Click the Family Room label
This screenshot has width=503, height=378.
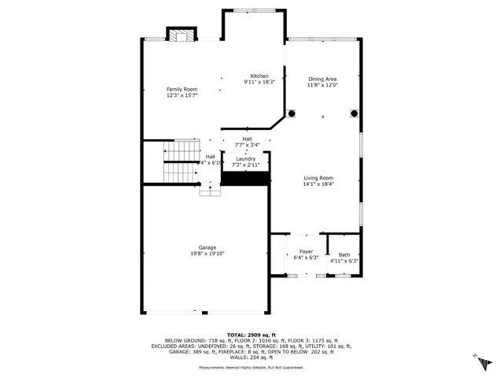click(x=181, y=90)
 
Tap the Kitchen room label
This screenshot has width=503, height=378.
click(x=259, y=76)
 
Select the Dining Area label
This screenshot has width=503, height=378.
click(x=322, y=79)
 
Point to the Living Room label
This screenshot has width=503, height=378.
click(x=318, y=178)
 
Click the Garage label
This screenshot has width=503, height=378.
click(x=207, y=247)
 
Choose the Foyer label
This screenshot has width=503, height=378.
click(x=305, y=253)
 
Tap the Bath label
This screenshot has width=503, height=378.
click(x=344, y=254)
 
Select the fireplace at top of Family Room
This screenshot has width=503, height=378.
click(x=182, y=34)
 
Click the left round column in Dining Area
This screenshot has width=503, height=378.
click(x=291, y=113)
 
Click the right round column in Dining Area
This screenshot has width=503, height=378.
click(x=354, y=113)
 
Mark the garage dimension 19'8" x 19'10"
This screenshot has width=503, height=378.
click(x=207, y=254)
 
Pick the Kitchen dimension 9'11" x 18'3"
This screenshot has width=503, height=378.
click(x=259, y=82)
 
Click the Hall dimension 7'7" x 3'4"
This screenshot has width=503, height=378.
click(x=248, y=145)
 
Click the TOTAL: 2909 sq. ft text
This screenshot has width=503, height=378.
click(x=251, y=335)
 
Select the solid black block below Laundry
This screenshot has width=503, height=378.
click(x=246, y=178)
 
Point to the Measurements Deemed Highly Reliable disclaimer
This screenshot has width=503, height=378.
click(x=251, y=367)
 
